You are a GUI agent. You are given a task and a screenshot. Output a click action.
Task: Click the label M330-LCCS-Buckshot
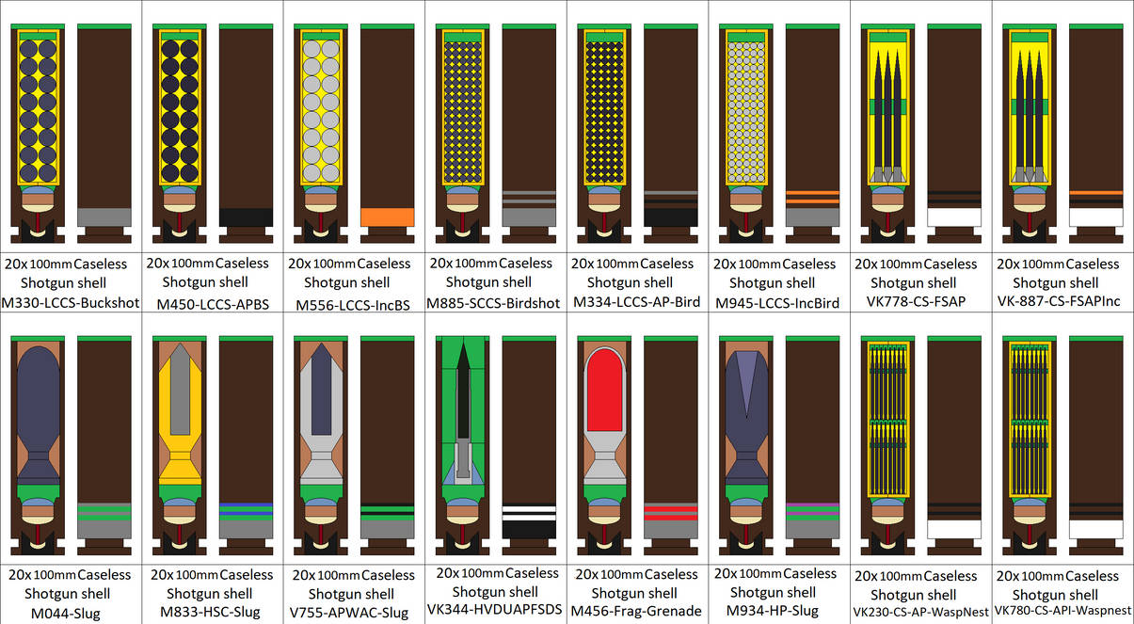pos(71,303)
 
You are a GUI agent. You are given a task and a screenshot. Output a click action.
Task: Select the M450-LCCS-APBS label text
pos(213,304)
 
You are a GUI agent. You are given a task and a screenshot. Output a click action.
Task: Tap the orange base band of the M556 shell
pos(388,217)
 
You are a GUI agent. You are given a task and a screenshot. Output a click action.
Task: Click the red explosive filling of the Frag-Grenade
pos(604,391)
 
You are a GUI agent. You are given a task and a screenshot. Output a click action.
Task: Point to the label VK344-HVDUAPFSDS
pos(495,609)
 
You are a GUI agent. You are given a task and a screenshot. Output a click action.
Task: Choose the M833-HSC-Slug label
pos(210,612)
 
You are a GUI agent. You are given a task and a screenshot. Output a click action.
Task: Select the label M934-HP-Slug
pos(773,611)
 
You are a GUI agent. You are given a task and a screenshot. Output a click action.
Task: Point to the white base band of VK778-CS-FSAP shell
pos(954,217)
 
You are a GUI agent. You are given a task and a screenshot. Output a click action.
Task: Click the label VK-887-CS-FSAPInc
pos(1059,301)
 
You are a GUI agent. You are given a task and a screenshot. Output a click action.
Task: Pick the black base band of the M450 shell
pos(246,217)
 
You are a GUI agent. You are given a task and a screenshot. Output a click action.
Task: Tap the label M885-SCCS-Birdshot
pos(493,303)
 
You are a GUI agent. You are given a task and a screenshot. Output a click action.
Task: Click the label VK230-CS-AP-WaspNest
pos(920,613)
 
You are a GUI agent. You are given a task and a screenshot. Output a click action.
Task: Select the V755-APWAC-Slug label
pos(349,613)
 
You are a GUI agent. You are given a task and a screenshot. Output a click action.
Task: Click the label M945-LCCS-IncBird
pos(777,303)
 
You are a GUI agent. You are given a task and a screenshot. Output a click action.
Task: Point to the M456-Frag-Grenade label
pos(636,612)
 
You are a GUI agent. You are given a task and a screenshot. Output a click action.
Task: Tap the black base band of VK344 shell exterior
pos(529,530)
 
